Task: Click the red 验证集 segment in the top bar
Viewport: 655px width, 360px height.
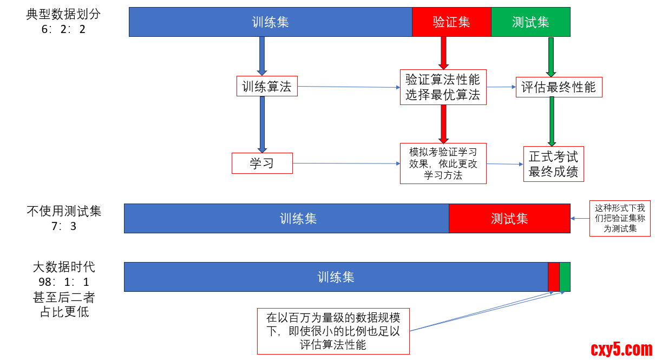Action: (x=451, y=22)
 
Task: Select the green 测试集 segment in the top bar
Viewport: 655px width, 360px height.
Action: (x=530, y=22)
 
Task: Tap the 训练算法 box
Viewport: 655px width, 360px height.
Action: (x=267, y=87)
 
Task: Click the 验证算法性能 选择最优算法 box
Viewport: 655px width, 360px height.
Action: (x=443, y=87)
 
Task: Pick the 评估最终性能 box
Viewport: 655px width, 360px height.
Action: (x=559, y=87)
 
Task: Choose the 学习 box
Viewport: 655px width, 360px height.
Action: (x=262, y=163)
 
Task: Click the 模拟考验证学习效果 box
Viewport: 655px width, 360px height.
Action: (x=443, y=163)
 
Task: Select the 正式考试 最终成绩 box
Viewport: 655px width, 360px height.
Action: (x=553, y=164)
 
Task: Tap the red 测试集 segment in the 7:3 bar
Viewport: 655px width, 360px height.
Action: (x=509, y=218)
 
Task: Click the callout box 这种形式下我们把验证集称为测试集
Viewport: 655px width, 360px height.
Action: (x=620, y=218)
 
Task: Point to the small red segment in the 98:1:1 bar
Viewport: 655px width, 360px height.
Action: (x=553, y=277)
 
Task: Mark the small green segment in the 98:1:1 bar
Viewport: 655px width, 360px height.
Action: (x=565, y=277)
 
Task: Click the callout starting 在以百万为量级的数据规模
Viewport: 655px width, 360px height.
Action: (x=333, y=331)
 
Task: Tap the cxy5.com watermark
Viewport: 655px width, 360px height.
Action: (x=621, y=349)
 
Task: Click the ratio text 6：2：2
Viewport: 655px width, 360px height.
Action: (x=63, y=29)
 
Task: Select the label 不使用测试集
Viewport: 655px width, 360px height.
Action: (x=64, y=211)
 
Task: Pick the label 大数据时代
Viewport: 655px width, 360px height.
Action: (x=64, y=267)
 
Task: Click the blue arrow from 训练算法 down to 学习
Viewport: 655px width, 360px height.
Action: (x=263, y=125)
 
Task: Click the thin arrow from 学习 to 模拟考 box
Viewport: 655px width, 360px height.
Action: (x=346, y=163)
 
